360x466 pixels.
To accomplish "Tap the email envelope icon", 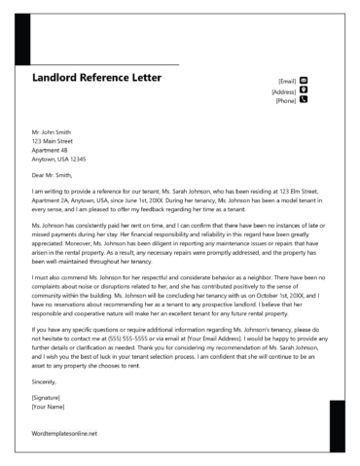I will coord(304,80).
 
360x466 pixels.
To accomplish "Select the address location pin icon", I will coord(304,90).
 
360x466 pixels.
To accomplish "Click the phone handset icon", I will coord(304,99).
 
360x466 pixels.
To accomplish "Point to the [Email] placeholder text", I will coord(286,81).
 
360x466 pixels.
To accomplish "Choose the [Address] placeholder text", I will coord(283,90).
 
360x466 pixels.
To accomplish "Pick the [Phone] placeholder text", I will coord(285,100).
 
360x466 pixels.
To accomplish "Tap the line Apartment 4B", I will coord(50,149).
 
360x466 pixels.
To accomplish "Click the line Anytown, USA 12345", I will coord(59,159).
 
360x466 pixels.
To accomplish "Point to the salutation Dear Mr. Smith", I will coord(53,174).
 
